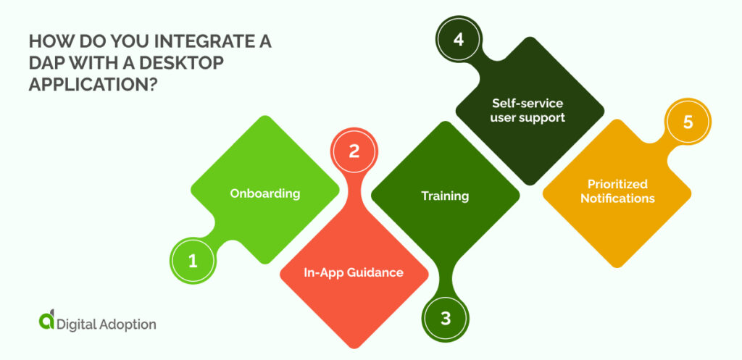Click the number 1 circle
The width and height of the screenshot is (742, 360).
point(193,261)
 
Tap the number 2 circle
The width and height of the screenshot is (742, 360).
point(354,151)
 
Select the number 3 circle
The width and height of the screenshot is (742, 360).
point(445,318)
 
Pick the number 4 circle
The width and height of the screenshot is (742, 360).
point(458,38)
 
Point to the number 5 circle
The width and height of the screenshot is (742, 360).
point(688,122)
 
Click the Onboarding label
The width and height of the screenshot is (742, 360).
point(265,193)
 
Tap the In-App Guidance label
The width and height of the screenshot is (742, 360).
point(354,272)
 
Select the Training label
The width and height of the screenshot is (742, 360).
point(445,196)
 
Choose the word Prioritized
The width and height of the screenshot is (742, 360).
point(617,183)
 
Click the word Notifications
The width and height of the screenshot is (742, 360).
point(617,198)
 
